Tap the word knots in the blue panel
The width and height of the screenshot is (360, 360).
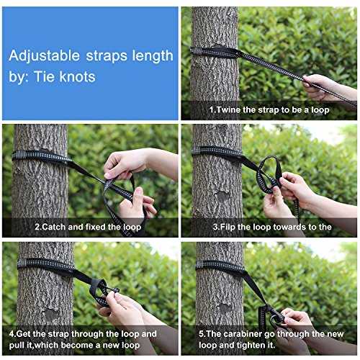click(x=77, y=77)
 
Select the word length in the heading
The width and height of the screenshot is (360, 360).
click(x=153, y=55)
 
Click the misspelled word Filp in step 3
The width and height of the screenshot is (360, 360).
click(x=228, y=227)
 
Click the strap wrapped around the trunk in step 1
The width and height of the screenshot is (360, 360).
click(x=215, y=52)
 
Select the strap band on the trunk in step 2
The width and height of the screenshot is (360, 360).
click(x=41, y=156)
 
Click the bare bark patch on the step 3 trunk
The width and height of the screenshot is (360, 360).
click(x=223, y=196)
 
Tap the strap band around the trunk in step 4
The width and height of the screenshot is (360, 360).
click(x=45, y=265)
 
